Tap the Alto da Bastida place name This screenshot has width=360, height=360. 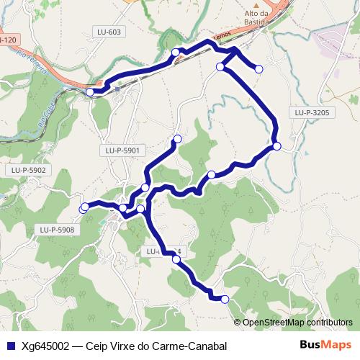257,18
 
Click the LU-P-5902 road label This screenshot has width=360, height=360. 29,170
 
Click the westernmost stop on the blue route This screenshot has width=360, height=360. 84,208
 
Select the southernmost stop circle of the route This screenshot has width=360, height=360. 225,299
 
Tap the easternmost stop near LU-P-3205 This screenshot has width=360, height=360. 276,147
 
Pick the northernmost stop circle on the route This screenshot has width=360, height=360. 175,52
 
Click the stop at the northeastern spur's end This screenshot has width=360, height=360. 259,68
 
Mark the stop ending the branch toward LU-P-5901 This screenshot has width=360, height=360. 177,138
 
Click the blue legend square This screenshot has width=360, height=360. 10,346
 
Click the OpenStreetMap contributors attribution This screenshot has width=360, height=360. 297,323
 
